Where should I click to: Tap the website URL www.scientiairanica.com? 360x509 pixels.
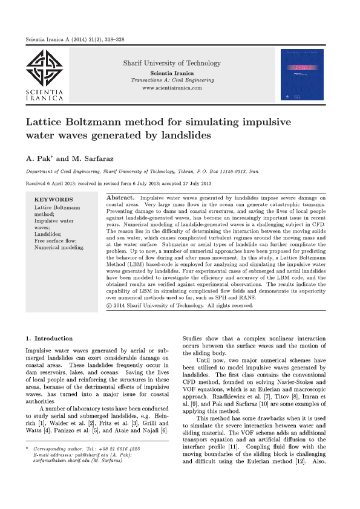click(172, 88)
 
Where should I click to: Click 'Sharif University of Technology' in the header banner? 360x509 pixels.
click(172, 63)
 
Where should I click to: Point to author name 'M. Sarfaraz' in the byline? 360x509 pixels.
click(95, 158)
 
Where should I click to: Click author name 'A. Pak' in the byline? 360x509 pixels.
click(39, 158)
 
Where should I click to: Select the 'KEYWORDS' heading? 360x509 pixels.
click(54, 199)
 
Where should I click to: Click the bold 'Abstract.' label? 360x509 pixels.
click(120, 198)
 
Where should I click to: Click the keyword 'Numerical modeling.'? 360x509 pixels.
click(59, 247)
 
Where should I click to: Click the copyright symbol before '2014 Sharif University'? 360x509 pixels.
click(110, 305)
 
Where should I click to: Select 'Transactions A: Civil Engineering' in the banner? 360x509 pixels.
click(172, 80)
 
